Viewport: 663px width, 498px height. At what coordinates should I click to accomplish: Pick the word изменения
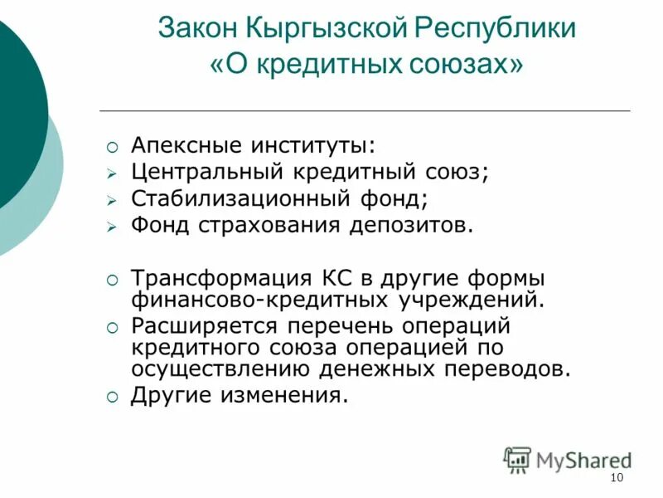pyautogui.click(x=283, y=395)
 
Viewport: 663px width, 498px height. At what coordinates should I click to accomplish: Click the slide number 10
pyautogui.click(x=616, y=478)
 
